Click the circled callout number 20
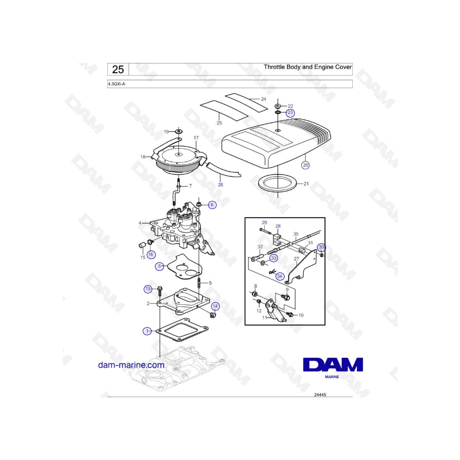[306, 165]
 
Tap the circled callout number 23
[290, 112]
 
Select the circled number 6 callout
[212, 205]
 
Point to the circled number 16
[151, 255]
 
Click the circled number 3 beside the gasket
[159, 266]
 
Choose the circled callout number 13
[148, 289]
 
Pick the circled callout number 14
[215, 307]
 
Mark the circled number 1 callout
[147, 331]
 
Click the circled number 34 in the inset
[280, 276]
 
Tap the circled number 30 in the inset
[321, 247]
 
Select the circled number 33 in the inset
[273, 258]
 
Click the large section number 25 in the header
[118, 70]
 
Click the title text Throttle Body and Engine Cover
[308, 67]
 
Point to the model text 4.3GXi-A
[117, 84]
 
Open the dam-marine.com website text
[131, 365]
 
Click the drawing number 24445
[320, 395]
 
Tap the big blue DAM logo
[333, 364]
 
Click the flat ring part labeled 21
[277, 190]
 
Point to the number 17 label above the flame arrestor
[196, 137]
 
